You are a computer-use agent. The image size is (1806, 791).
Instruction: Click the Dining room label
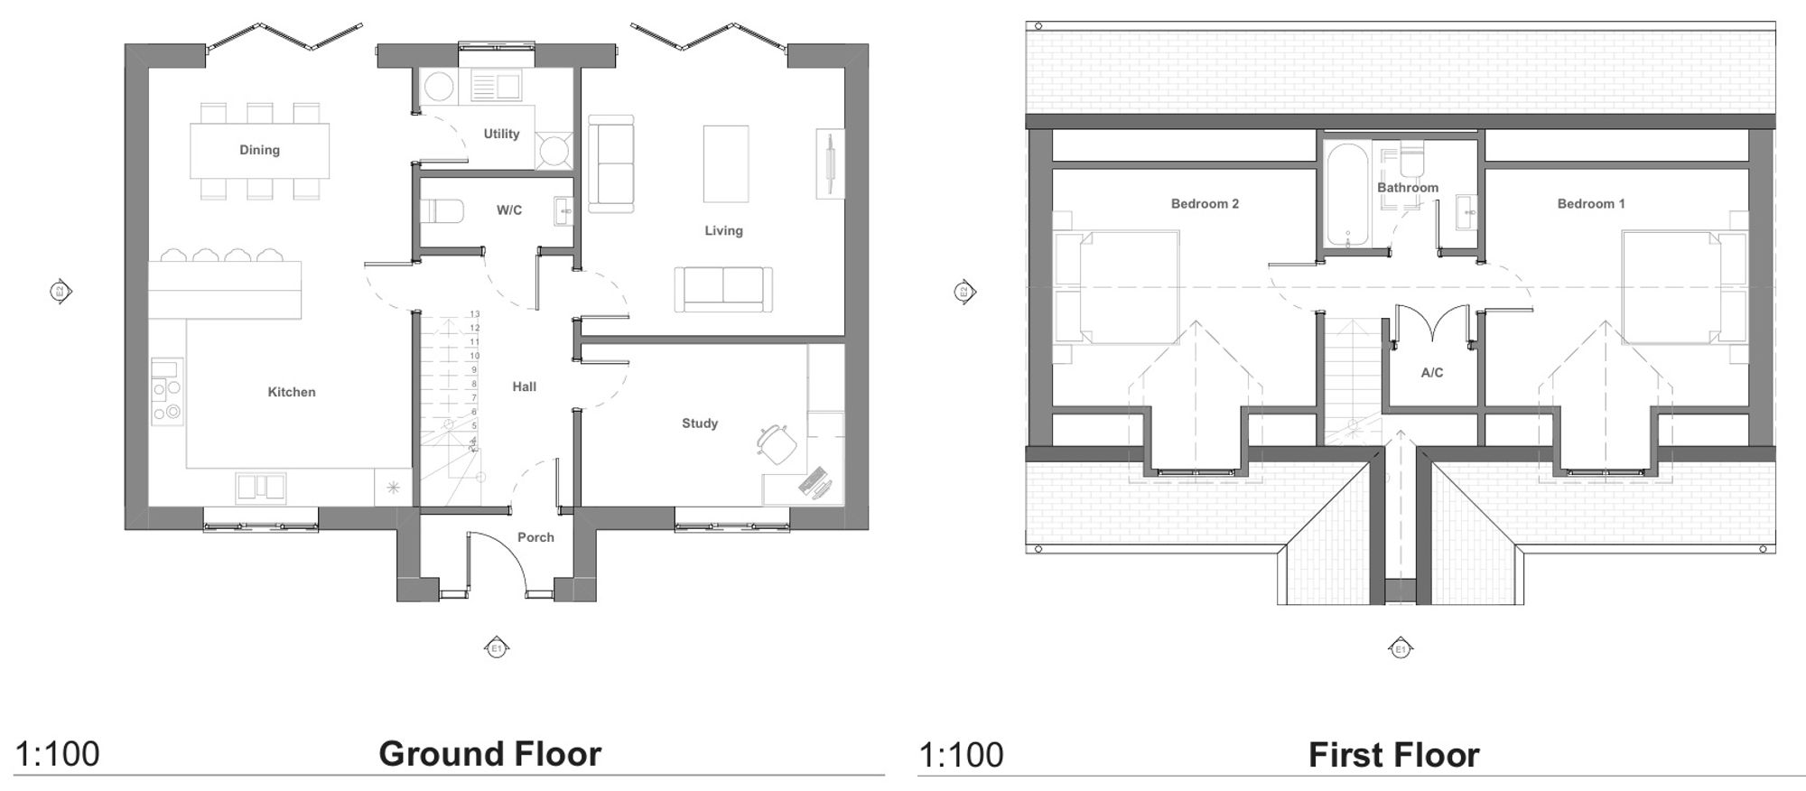[259, 150]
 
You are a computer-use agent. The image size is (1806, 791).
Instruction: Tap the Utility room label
[501, 134]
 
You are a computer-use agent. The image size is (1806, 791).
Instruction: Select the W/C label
[509, 210]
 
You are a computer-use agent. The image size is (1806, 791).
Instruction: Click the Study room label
[700, 423]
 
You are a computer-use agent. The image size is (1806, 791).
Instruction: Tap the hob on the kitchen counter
[167, 402]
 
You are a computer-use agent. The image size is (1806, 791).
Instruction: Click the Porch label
[535, 537]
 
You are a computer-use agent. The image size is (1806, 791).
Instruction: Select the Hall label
[525, 386]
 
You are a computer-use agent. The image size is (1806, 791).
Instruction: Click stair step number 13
[475, 314]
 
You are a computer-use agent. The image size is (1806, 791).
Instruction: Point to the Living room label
[723, 230]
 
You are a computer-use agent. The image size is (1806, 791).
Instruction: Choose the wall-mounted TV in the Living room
[829, 163]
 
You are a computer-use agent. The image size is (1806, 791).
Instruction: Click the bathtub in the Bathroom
[1347, 193]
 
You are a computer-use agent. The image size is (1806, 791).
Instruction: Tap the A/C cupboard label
[1432, 372]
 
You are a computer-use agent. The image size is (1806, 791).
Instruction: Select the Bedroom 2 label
[1205, 204]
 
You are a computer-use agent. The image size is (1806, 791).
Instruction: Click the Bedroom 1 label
[1591, 204]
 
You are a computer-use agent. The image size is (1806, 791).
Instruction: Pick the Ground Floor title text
[489, 754]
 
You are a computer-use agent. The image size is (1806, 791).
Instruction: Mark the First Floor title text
[1393, 755]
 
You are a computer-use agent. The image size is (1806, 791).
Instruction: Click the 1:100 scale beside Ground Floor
[58, 754]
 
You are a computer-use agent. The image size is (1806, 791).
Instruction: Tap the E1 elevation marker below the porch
[495, 647]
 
